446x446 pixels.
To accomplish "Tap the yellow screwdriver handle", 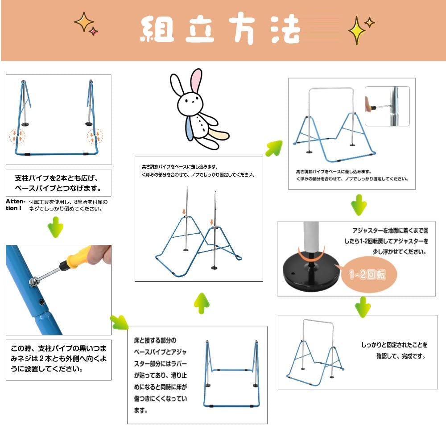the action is tap(78, 257).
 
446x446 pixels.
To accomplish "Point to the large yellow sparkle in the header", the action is tap(357, 30).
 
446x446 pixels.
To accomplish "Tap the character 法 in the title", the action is tap(285, 29).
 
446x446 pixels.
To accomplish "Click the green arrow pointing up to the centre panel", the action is tap(202, 303).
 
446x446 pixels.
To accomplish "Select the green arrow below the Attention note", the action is tap(55, 227).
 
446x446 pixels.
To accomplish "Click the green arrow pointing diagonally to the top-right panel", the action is tap(274, 148).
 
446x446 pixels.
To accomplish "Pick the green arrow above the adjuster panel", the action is tap(359, 205).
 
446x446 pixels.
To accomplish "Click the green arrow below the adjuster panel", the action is tap(363, 307).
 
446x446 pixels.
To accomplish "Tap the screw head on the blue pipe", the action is tap(33, 282).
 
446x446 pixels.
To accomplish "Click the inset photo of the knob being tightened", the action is tap(388, 106).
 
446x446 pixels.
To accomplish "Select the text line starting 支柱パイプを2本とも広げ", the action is tap(57, 178).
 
